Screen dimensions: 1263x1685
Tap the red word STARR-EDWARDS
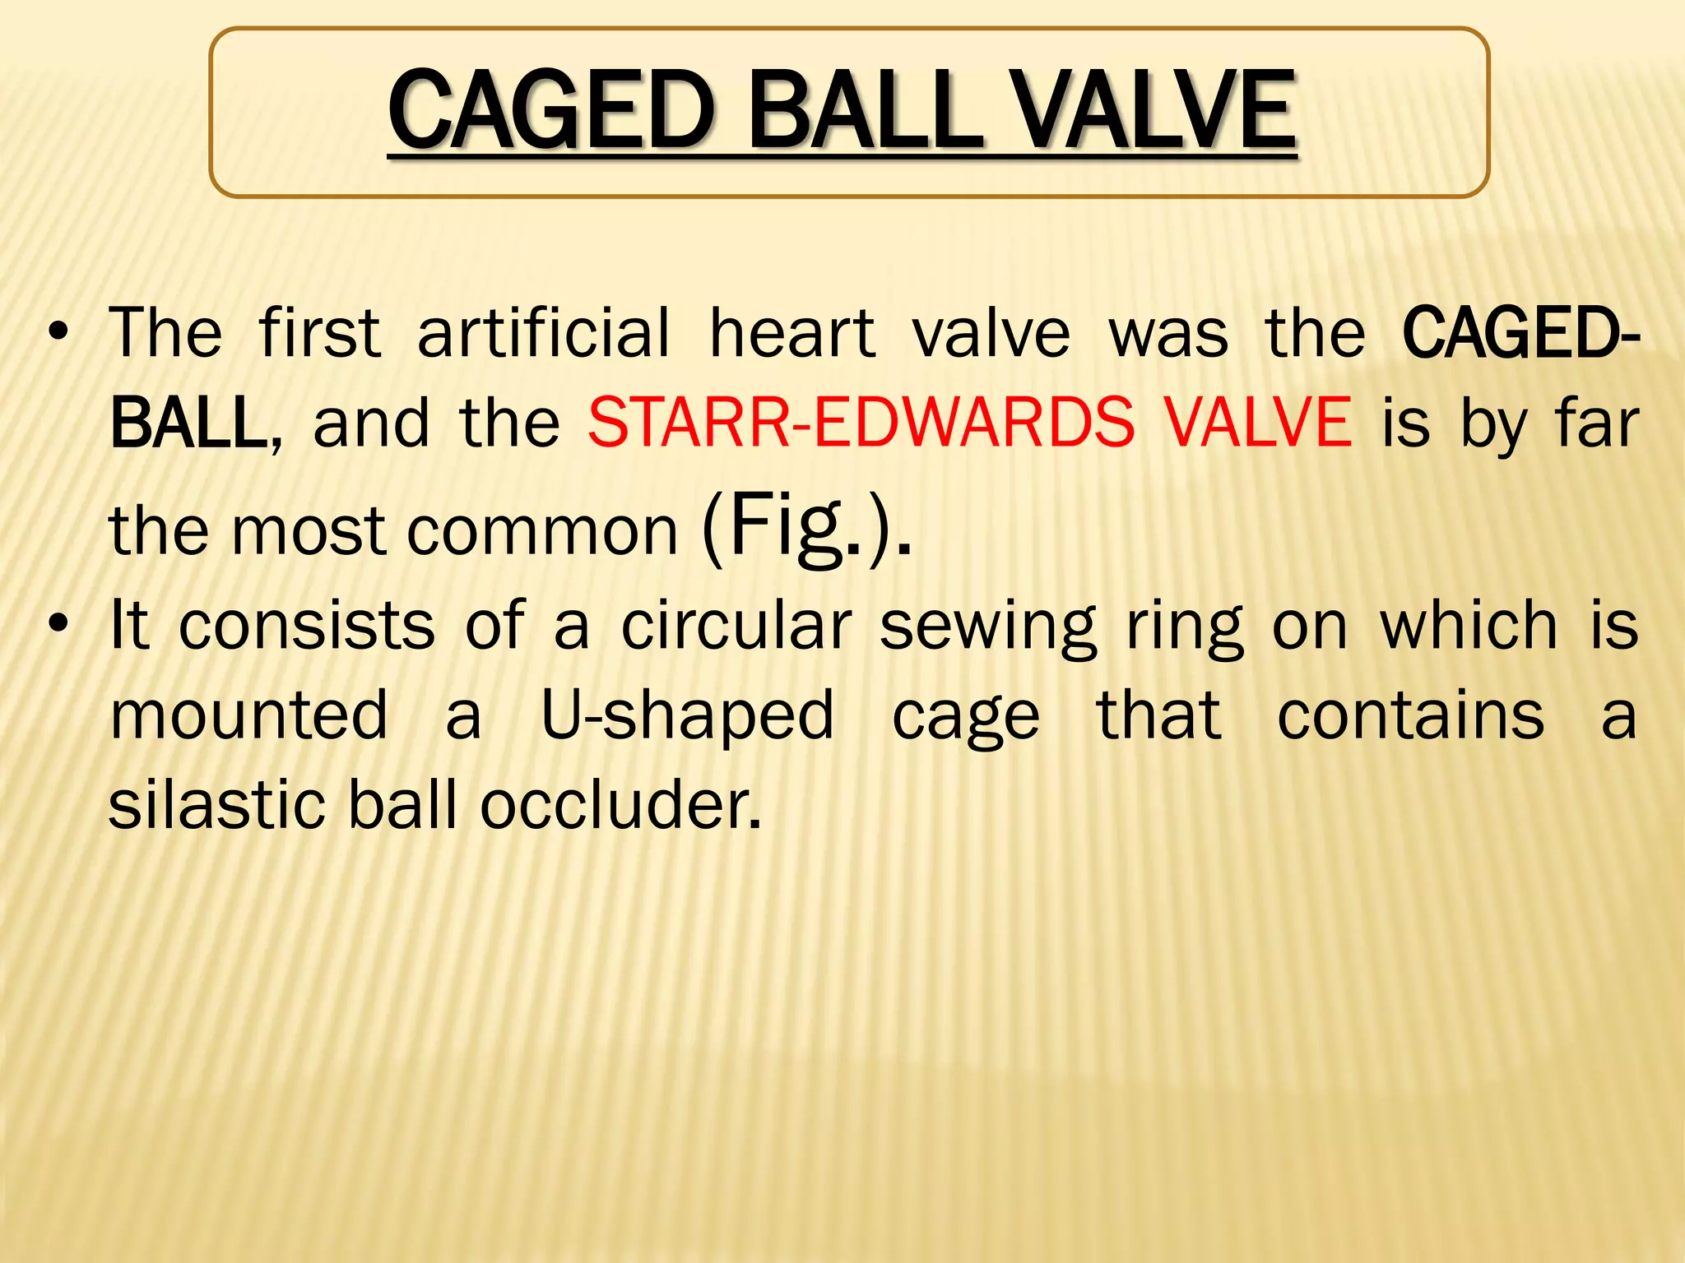pos(861,423)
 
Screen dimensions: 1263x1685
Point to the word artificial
pos(544,333)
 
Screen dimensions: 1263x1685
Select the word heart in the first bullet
pos(791,333)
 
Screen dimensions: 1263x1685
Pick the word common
pos(543,531)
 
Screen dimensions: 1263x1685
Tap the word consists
pos(307,626)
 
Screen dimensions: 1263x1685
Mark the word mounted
pos(248,715)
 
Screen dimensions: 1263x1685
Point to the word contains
pos(1410,715)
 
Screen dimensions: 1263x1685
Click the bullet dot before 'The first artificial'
pos(58,333)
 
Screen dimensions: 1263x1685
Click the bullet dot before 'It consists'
pos(58,626)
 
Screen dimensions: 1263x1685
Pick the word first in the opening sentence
pos(320,333)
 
